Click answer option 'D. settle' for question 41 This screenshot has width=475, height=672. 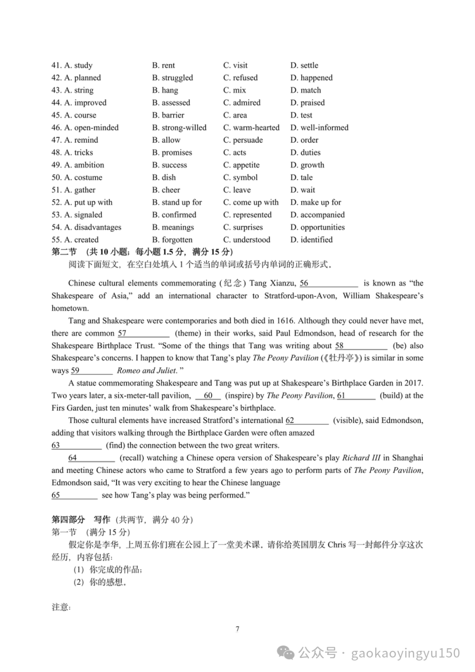pos(304,65)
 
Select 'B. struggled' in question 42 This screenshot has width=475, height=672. pos(172,78)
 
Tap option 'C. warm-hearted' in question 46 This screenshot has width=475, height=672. pos(251,128)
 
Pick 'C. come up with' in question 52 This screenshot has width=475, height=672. pos(251,202)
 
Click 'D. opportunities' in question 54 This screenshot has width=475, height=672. pos(317,228)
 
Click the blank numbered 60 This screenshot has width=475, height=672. pos(208,396)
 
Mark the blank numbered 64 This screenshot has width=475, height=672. pos(91,458)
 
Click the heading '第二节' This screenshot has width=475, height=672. pos(64,252)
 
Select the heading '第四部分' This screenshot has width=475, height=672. pos(68,520)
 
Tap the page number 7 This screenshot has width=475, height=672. pos(237,629)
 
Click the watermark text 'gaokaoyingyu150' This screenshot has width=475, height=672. pos(405,653)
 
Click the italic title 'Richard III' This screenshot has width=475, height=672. pos(361,458)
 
